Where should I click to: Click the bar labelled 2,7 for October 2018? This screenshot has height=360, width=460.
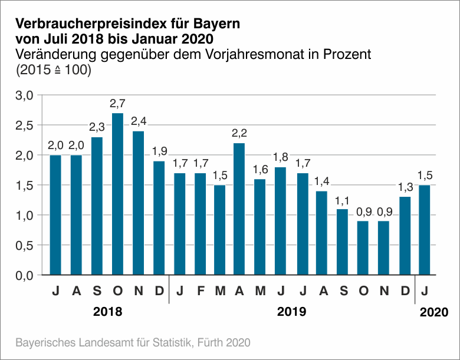pyautogui.click(x=117, y=194)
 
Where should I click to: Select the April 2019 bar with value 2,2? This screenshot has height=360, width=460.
pyautogui.click(x=240, y=209)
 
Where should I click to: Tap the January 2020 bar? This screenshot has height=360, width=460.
pyautogui.click(x=424, y=230)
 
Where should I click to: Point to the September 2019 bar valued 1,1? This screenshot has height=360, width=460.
pyautogui.click(x=342, y=242)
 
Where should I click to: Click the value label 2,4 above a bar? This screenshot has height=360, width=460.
pyautogui.click(x=138, y=121)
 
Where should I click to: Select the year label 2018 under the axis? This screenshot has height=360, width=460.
pyautogui.click(x=108, y=312)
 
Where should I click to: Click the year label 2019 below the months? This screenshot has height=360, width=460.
pyautogui.click(x=291, y=312)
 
